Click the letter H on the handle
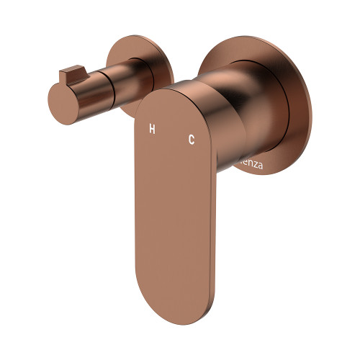coord(152,130)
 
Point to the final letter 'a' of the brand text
coord(260,166)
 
